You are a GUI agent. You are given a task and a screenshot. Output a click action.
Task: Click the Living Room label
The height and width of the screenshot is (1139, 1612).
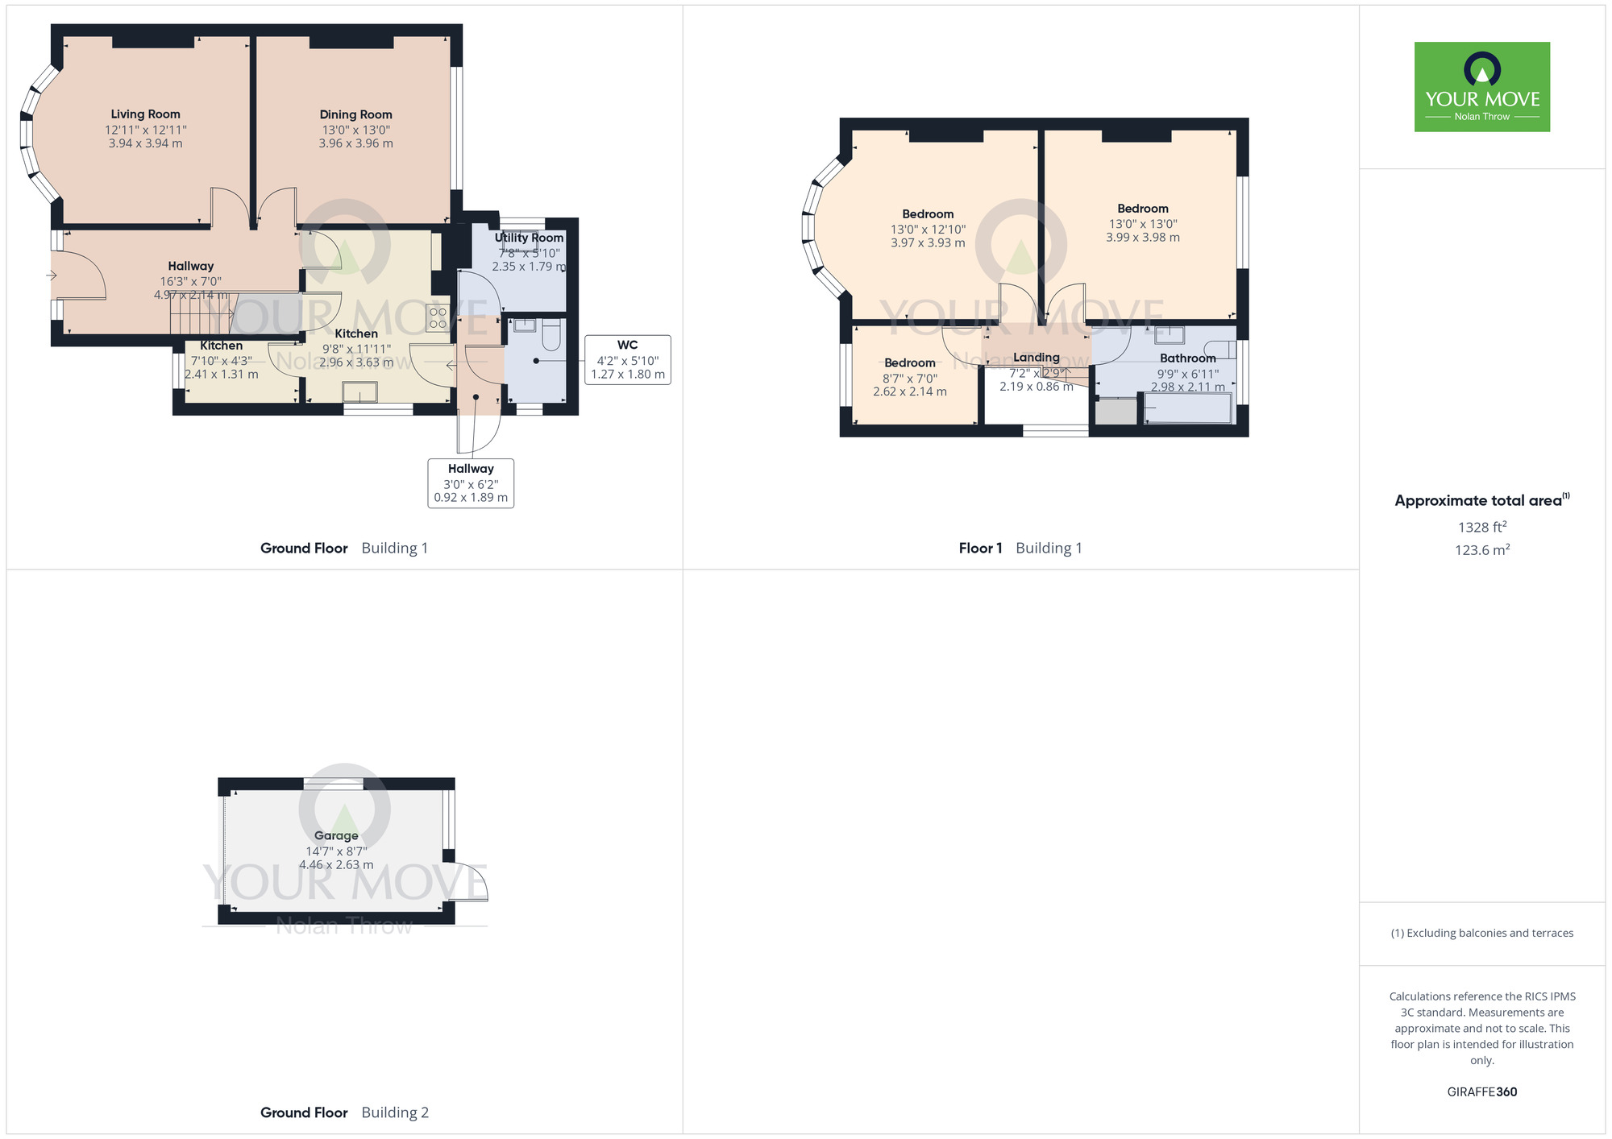145,114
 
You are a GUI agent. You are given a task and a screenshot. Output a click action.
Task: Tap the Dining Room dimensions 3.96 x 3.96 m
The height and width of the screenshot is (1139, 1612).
355,143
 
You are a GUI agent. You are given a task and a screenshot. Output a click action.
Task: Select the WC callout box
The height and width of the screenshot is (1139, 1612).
627,359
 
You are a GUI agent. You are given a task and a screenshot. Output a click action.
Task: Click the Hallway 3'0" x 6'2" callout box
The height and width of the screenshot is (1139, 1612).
471,483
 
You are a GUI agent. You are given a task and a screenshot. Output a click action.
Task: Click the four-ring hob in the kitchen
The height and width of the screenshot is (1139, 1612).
438,318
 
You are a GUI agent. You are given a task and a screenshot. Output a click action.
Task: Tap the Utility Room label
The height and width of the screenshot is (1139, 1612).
529,238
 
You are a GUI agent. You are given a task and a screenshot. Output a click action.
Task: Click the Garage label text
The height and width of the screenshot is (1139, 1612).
336,835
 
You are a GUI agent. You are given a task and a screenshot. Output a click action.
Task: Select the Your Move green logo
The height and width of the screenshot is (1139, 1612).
1481,87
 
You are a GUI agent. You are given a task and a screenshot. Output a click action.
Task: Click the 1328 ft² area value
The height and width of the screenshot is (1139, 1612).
1481,527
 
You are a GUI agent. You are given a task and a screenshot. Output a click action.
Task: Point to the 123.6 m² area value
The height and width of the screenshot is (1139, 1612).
1481,550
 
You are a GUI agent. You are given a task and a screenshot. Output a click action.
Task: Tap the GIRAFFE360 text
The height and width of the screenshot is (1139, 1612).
1481,1092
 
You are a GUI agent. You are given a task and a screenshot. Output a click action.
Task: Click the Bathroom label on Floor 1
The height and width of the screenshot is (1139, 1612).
1187,358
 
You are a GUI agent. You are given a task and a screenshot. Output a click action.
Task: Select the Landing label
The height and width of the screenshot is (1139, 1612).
1036,358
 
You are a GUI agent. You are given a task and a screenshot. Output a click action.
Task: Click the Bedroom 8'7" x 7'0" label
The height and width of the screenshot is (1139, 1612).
909,363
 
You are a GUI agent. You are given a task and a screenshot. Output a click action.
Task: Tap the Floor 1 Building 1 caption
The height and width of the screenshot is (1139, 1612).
1020,549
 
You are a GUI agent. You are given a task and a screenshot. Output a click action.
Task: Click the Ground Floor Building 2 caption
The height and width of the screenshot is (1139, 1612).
344,1112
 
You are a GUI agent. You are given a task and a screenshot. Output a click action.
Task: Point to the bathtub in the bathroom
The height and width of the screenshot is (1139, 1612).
1187,408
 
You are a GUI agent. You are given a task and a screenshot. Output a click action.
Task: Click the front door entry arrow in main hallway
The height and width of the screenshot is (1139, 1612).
52,275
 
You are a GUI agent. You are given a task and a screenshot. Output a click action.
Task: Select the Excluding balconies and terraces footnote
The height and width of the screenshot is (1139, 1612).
1481,933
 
